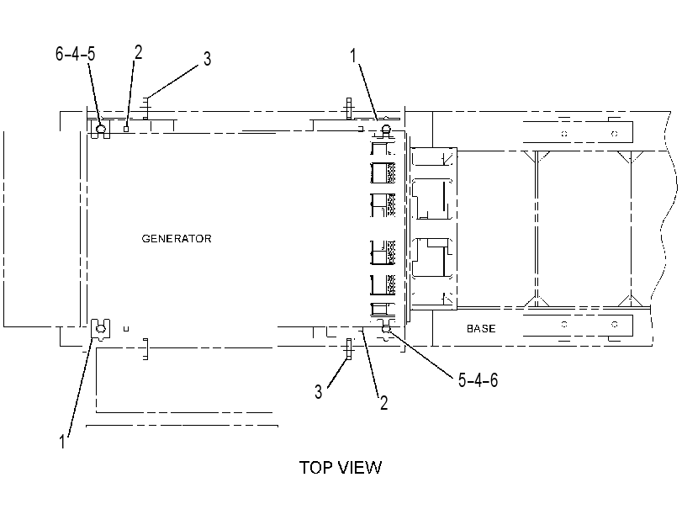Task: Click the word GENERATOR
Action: pos(177,239)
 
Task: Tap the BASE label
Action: pos(481,329)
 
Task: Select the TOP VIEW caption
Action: pos(341,468)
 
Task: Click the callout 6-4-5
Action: pos(75,54)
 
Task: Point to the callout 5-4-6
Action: pos(478,380)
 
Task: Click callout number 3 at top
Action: pos(208,59)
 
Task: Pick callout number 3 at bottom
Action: pos(319,392)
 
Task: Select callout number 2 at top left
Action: pos(138,52)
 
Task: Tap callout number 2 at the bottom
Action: pos(383,403)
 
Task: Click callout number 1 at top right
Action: pos(353,56)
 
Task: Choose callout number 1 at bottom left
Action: pos(62,442)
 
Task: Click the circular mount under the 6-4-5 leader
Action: pos(101,129)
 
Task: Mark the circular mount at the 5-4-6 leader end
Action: pos(386,329)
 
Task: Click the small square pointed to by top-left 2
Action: pos(126,129)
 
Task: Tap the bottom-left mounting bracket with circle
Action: pos(100,329)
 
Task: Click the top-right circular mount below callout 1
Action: pos(386,129)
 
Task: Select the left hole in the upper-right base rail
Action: pos(564,134)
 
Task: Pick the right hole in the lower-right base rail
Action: pos(615,324)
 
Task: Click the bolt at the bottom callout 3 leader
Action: pos(348,348)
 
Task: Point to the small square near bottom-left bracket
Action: pos(126,329)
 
